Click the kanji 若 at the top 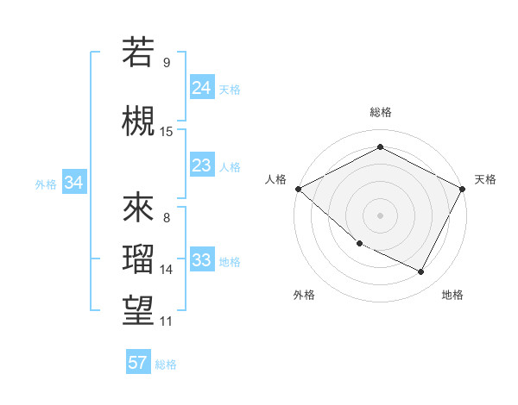[138, 53]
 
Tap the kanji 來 [138, 208]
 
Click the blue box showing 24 [202, 88]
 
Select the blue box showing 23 [202, 165]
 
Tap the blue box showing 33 [202, 261]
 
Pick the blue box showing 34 [74, 183]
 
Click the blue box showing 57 [138, 363]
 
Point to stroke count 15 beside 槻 [167, 131]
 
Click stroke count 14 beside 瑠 [167, 270]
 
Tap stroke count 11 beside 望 [167, 321]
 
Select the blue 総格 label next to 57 [166, 364]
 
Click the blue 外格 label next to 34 [46, 184]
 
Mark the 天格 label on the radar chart [485, 179]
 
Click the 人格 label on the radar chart [275, 179]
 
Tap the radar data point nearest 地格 [421, 272]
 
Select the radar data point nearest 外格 [359, 244]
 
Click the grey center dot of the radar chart [380, 215]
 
